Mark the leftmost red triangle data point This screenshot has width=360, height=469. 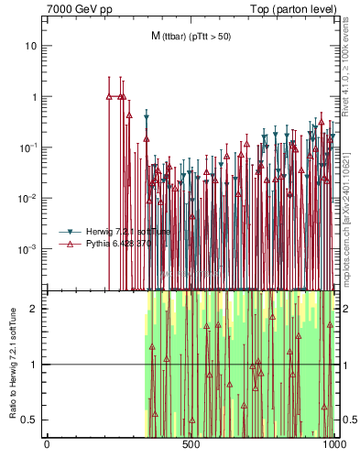[109, 96]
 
